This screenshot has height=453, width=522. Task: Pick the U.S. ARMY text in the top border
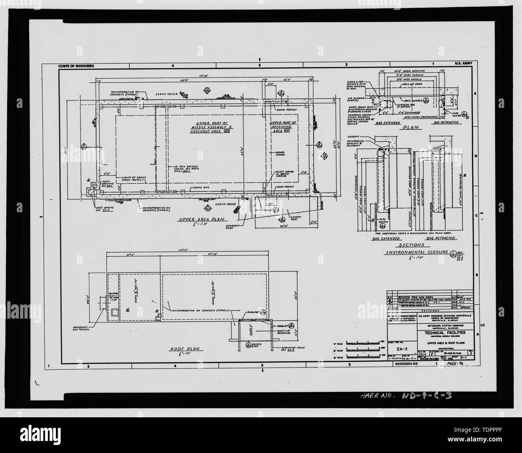(x=464, y=64)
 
